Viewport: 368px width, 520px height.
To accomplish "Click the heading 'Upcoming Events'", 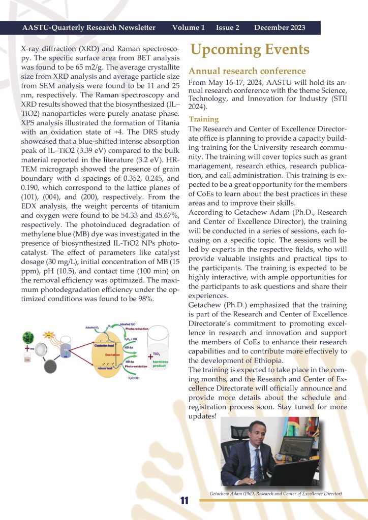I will click(250, 50).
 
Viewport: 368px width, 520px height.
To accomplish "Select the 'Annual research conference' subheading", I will click(247, 71).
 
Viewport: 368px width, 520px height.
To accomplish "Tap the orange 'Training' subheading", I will click(203, 119).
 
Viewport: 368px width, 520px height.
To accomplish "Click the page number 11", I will click(184, 501).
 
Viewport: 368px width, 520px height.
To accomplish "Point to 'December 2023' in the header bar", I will click(280, 27).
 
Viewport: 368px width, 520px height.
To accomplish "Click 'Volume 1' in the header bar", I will click(189, 27).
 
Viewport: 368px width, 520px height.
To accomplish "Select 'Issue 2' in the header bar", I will click(227, 27).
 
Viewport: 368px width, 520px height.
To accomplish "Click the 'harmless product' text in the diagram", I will click(157, 363).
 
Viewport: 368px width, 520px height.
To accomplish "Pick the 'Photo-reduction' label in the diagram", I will click(136, 329).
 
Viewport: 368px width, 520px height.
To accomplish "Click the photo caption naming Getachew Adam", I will click(275, 494).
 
